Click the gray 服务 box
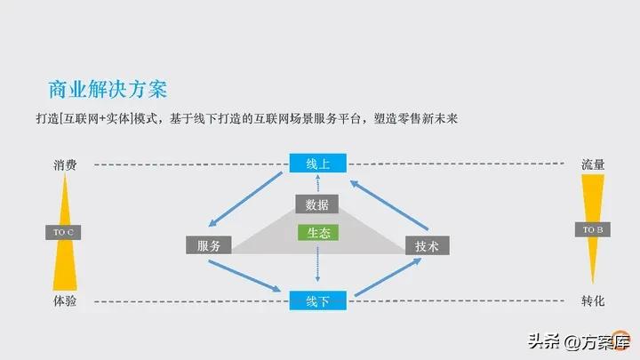209,245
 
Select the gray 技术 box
428,246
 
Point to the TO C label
64,232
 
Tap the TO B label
593,230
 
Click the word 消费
64,164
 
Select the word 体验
64,301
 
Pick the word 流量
593,164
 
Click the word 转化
593,301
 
